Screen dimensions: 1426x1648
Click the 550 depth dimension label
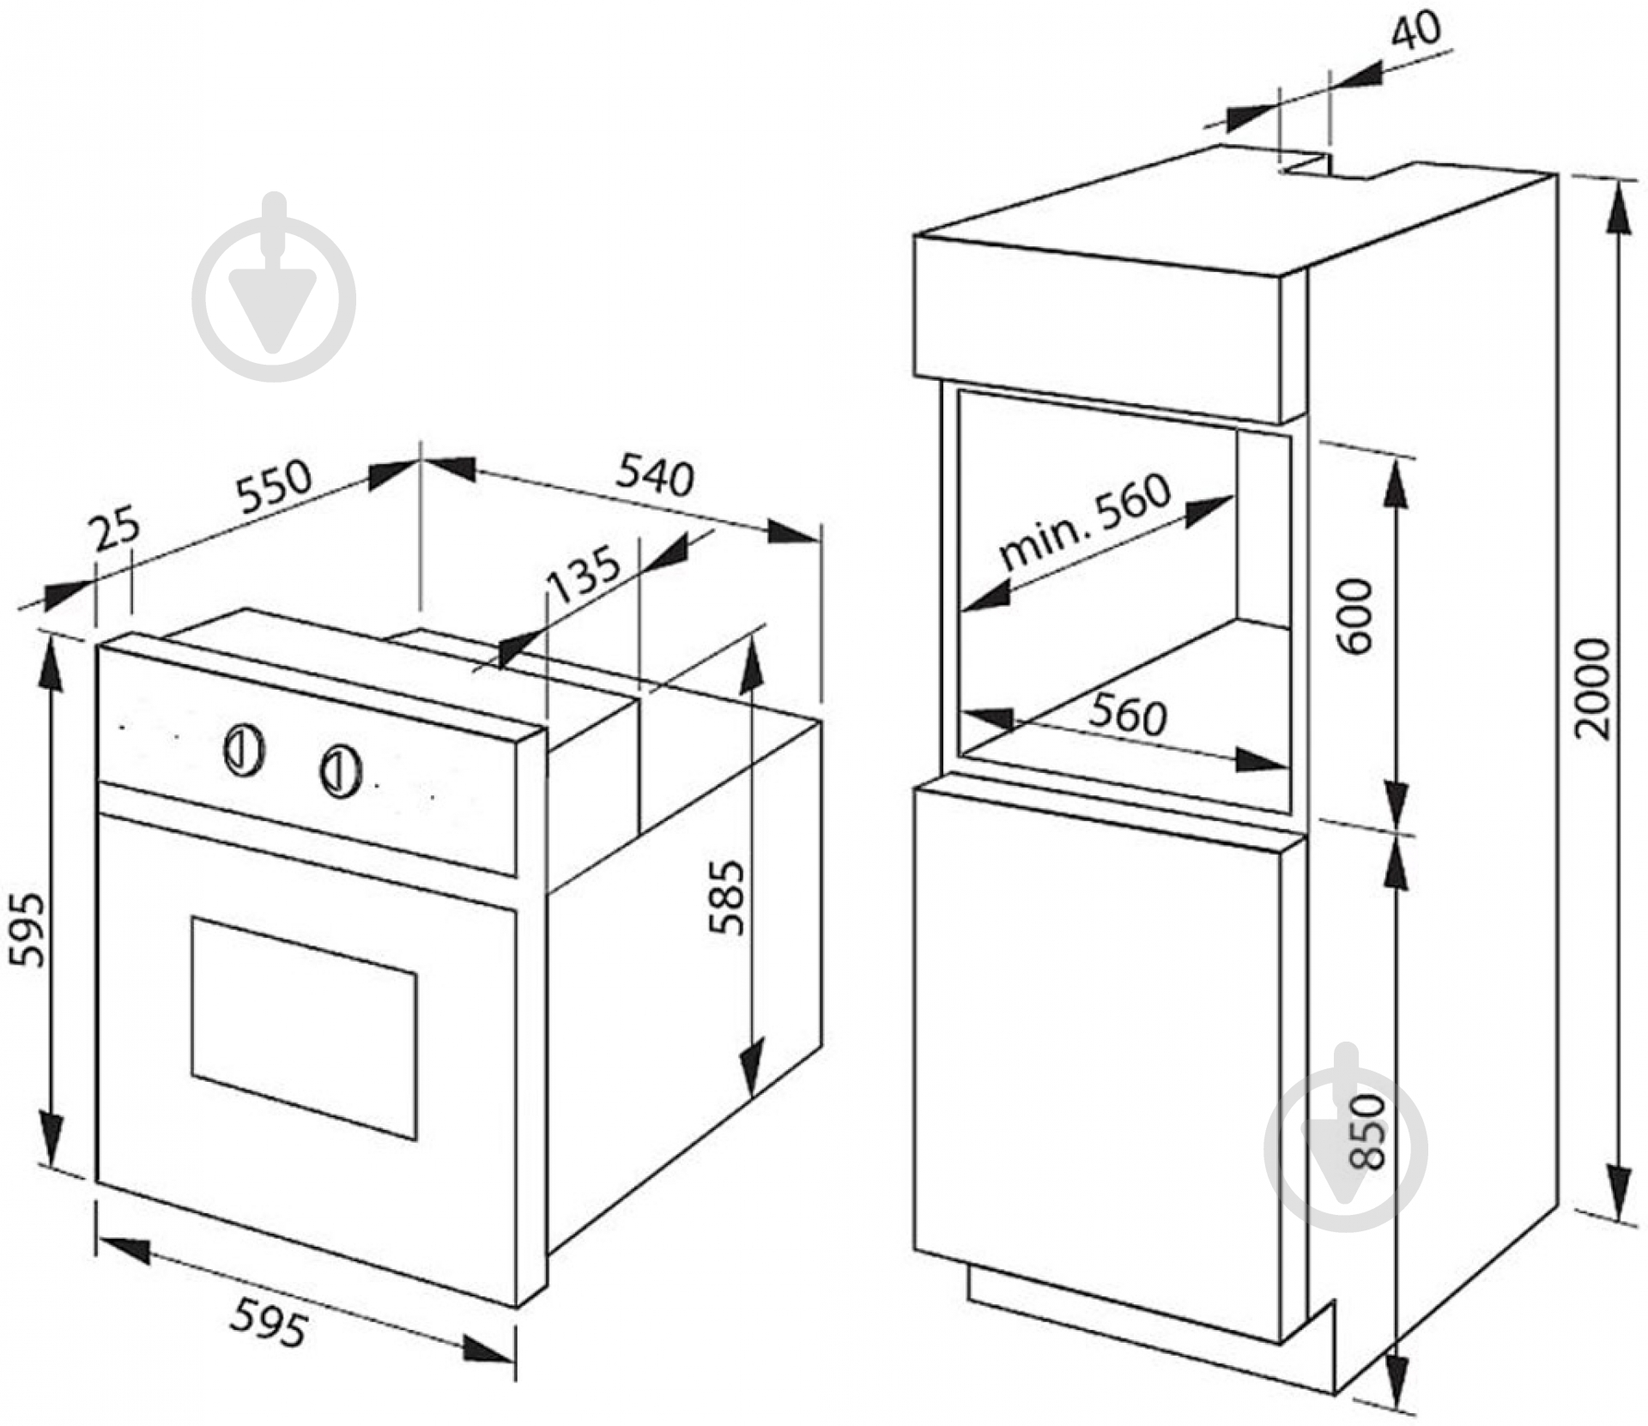point(274,486)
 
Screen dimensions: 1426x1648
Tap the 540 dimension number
point(655,476)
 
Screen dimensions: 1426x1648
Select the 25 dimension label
point(116,529)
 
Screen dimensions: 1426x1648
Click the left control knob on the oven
point(244,751)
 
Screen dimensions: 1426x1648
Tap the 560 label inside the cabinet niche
point(1128,715)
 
